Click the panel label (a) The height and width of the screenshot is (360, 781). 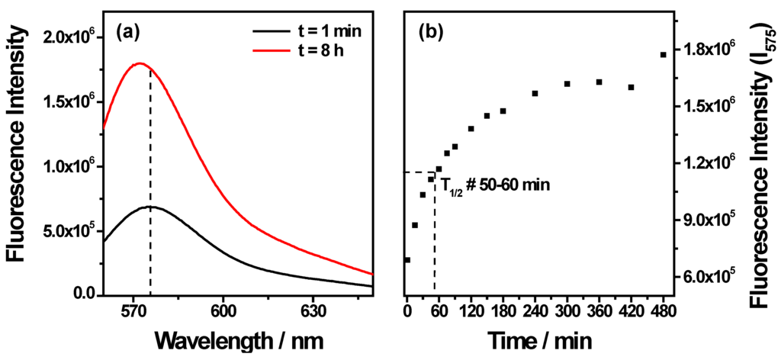(x=127, y=33)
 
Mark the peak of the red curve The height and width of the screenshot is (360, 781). (x=140, y=64)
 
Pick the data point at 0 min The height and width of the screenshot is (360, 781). (x=407, y=260)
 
